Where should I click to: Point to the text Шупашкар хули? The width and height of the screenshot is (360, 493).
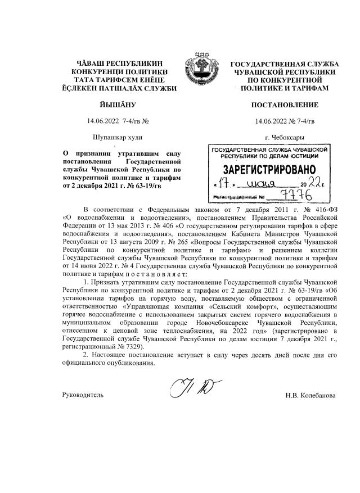(x=117, y=137)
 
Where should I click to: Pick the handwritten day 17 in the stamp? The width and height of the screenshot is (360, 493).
(x=220, y=184)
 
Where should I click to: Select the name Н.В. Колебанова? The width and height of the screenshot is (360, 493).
(x=310, y=396)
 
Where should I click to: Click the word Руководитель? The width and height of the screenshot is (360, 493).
(x=83, y=396)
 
